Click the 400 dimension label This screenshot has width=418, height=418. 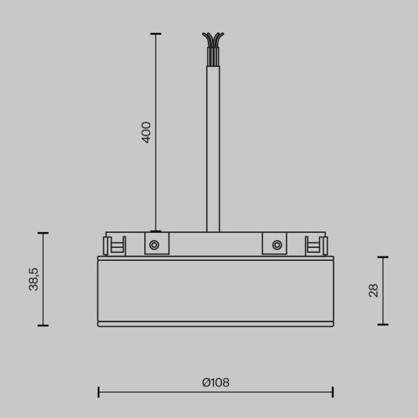[x=146, y=132]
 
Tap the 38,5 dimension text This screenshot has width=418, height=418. [x=34, y=278]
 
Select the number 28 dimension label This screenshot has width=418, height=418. [x=373, y=290]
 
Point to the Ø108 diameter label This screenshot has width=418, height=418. [x=215, y=383]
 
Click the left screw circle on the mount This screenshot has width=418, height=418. [x=154, y=245]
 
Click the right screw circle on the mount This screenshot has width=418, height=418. [x=277, y=245]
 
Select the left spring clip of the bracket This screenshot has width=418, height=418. [x=115, y=246]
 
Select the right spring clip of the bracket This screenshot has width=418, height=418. [x=316, y=246]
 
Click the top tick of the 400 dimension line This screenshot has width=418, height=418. [x=156, y=34]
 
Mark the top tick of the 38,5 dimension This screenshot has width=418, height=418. [x=43, y=233]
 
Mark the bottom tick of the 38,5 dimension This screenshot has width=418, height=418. [x=43, y=325]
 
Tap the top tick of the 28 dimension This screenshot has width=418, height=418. [x=383, y=257]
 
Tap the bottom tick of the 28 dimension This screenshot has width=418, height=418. [x=383, y=324]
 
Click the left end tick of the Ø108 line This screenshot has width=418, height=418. [x=99, y=392]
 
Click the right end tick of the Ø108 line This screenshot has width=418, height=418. [x=333, y=392]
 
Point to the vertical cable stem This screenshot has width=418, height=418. [x=213, y=144]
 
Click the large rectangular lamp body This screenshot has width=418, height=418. [x=215, y=290]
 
